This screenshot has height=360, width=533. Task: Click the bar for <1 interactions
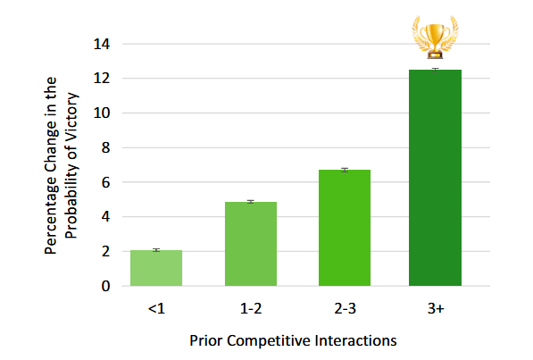coord(156,268)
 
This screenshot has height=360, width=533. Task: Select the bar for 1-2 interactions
coord(251,244)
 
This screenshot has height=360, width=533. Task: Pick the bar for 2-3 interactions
coord(345,228)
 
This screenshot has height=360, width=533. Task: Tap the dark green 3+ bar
coord(435,179)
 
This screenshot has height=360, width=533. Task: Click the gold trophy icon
coord(434,37)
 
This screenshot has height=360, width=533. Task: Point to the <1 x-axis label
coord(155,309)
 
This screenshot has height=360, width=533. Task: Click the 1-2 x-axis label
coord(251,309)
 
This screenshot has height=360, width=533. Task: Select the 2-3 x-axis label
coord(345,309)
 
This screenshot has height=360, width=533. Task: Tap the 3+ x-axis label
coord(435,309)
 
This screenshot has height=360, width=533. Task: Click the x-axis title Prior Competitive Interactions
coord(293,340)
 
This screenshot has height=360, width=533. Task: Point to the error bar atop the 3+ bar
coord(435,70)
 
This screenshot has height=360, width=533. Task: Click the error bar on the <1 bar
coord(156,250)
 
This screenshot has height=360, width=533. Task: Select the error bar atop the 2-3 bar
coord(345,170)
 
